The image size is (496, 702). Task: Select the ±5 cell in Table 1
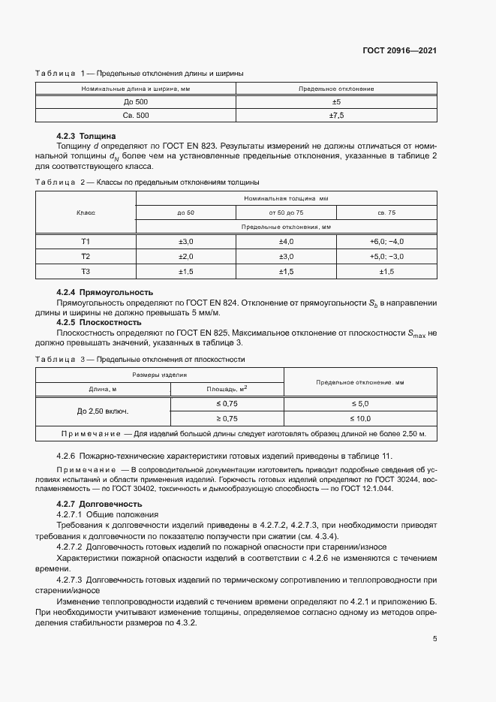point(336,102)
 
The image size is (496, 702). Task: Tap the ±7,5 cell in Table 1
point(336,115)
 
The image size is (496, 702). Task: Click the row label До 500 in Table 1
point(136,102)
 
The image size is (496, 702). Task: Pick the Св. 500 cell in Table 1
point(136,115)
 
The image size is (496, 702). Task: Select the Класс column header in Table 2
point(86,212)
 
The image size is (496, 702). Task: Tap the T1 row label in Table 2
point(86,241)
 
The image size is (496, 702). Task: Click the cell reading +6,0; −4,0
point(387,241)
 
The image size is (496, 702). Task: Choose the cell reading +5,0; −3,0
point(387,256)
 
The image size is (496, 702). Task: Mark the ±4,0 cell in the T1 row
point(287,241)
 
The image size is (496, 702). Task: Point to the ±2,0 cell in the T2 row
point(185,256)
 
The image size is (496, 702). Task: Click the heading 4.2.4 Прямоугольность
point(105,292)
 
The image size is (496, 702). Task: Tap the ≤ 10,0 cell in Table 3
point(360,418)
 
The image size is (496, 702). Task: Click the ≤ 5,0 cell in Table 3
point(360,404)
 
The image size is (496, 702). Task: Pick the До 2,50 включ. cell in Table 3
point(103,411)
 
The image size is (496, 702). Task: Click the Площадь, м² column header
point(227,389)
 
